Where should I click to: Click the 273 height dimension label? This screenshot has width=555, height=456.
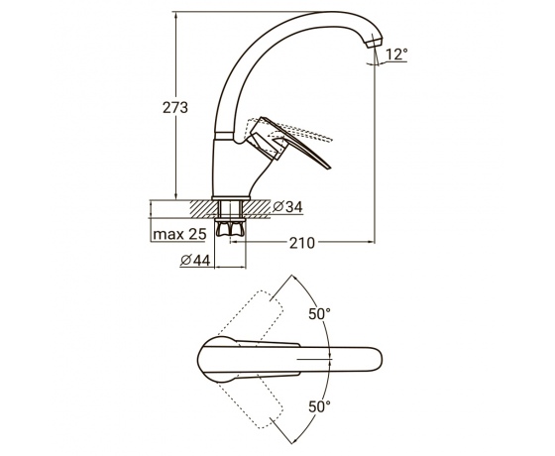[174, 107]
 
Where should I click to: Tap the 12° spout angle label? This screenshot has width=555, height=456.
[396, 55]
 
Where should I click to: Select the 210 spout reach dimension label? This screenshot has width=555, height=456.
[302, 243]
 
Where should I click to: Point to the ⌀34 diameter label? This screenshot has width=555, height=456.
[287, 207]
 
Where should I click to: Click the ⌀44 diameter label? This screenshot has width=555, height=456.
[195, 260]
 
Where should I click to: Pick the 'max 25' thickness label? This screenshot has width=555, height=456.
[179, 234]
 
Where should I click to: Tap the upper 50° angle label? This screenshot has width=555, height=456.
[319, 313]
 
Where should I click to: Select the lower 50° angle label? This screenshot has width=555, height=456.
[319, 406]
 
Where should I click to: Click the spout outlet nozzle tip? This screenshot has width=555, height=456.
[376, 43]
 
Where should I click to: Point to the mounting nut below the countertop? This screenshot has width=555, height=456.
[230, 228]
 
